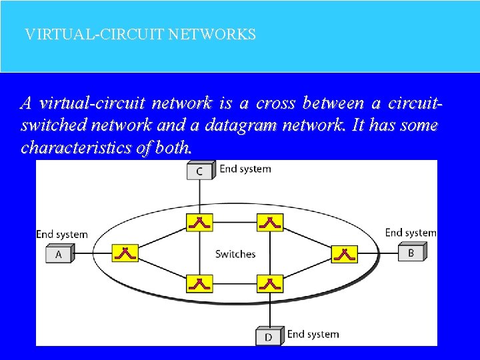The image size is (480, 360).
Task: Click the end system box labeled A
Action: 59,254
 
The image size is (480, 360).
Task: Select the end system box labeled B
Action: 411,253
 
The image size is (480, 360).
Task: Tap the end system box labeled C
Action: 199,171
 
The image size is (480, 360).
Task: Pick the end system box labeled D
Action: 269,336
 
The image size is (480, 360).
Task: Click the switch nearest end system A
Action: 125,253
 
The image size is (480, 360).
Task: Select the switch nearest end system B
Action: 344,253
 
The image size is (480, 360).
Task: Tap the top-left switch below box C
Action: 199,222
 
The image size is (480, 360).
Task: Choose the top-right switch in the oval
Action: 270,222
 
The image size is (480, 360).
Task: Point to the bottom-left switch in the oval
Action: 199,284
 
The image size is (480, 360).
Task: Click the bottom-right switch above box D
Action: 270,284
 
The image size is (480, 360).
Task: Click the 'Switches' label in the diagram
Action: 235,254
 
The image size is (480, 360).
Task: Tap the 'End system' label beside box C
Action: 245,169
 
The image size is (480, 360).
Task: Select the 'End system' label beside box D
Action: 313,334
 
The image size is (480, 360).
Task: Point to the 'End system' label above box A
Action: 62,234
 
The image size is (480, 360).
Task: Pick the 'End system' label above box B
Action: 411,233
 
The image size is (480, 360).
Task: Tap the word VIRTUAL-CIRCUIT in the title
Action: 94,34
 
